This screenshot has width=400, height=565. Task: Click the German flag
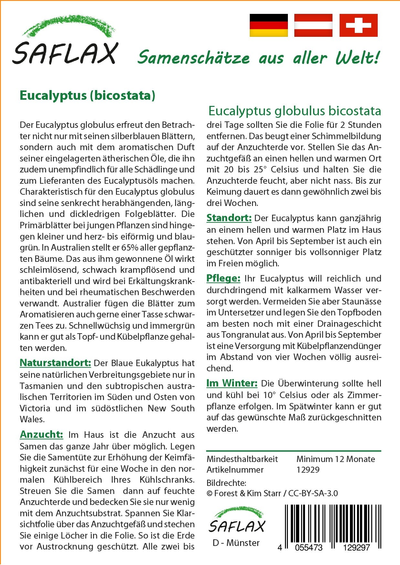pyautogui.click(x=268, y=25)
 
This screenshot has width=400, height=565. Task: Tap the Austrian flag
pyautogui.click(x=313, y=25)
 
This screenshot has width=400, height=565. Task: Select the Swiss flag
pyautogui.click(x=358, y=25)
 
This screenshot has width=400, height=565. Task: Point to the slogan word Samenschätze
pyautogui.click(x=194, y=58)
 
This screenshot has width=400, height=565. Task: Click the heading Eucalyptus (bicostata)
pyautogui.click(x=87, y=96)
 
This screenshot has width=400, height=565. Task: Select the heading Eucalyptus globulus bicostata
pyautogui.click(x=294, y=111)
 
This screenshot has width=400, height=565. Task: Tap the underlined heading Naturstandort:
pyautogui.click(x=55, y=363)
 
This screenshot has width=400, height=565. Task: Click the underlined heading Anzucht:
pyautogui.click(x=41, y=435)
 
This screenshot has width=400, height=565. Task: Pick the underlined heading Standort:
pyautogui.click(x=229, y=218)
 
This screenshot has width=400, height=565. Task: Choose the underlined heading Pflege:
pyautogui.click(x=223, y=278)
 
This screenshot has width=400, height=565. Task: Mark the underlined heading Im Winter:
pyautogui.click(x=232, y=383)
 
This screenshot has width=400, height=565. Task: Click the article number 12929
pyautogui.click(x=308, y=470)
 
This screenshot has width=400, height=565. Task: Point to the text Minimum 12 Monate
pyautogui.click(x=335, y=459)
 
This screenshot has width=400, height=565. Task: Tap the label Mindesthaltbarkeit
pyautogui.click(x=242, y=459)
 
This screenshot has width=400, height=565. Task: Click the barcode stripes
pyautogui.click(x=333, y=523)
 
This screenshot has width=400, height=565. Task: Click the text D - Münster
pyautogui.click(x=236, y=543)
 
